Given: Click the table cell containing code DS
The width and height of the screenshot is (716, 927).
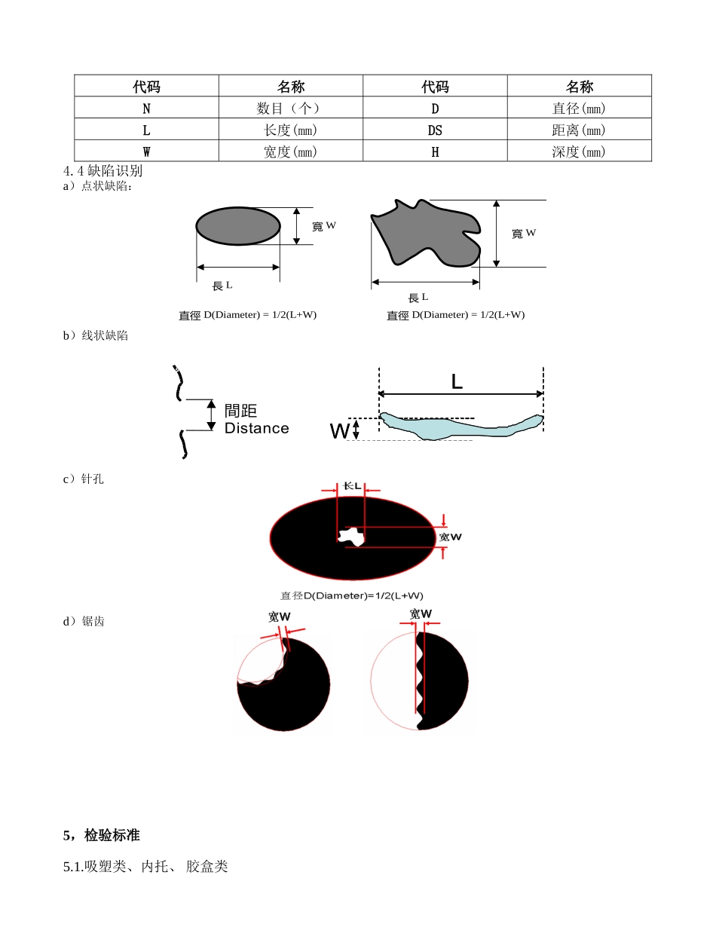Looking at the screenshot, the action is tap(435, 129).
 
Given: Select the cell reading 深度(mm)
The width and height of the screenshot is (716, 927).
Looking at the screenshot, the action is tap(579, 151).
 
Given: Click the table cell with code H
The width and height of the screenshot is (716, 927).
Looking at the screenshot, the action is tap(435, 151).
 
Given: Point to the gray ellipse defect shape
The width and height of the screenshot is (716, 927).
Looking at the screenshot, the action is tap(238, 226).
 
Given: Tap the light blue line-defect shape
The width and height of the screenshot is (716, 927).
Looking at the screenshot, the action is tap(461, 426).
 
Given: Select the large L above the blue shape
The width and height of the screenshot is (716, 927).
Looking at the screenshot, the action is tap(457, 381).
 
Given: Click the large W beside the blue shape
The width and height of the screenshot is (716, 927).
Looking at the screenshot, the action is tap(339, 430).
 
